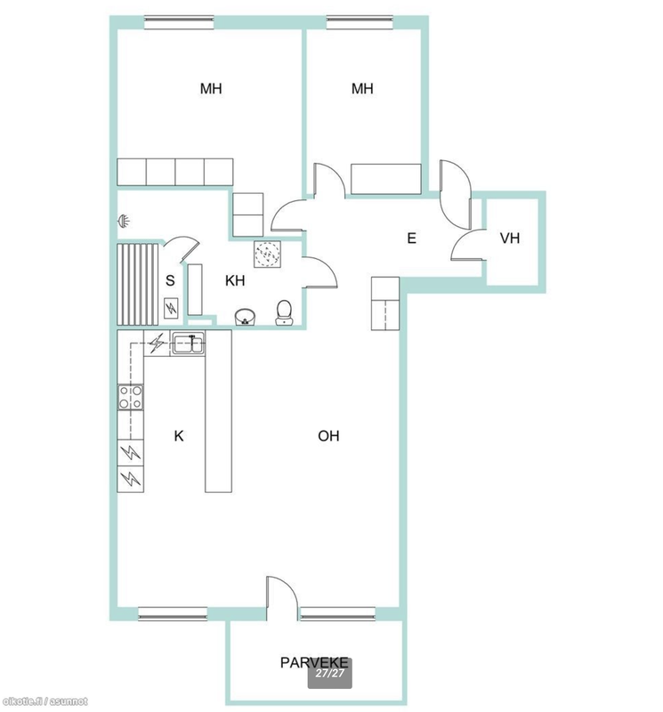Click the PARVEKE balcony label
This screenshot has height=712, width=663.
314,662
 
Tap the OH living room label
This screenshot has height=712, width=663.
328,436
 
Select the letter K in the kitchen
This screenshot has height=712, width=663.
179,436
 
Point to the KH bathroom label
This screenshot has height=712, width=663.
235,280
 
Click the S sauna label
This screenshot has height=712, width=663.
170,280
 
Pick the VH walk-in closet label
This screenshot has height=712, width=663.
510,238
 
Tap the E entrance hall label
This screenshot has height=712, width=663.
411,238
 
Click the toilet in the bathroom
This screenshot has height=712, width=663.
284,312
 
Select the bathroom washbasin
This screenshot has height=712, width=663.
246,317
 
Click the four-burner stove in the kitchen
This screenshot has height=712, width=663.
131,397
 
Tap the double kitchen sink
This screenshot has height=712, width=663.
188,343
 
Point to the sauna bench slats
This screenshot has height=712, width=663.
138,284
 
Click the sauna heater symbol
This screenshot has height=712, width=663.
171,308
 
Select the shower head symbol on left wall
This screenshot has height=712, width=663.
124,221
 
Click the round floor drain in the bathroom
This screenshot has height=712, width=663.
268,254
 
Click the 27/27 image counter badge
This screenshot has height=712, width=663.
330,674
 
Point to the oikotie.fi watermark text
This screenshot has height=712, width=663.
44,701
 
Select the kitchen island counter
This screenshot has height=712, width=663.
218,411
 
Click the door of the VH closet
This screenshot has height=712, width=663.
469,246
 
